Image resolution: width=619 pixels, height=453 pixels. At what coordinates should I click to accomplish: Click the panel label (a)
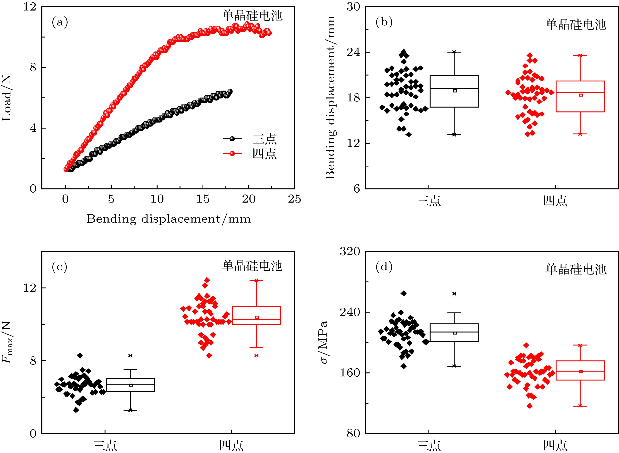point(60,22)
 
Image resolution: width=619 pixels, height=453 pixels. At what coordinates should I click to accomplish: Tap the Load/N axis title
point(7,98)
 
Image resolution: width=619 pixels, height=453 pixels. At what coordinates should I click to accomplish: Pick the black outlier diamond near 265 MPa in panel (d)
point(404,293)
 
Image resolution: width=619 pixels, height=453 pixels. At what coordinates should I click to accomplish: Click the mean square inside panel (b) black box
point(455,91)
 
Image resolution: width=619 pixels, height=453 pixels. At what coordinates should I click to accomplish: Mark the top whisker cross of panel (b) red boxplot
point(580,55)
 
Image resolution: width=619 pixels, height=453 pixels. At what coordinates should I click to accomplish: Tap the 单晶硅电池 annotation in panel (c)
point(252,266)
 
